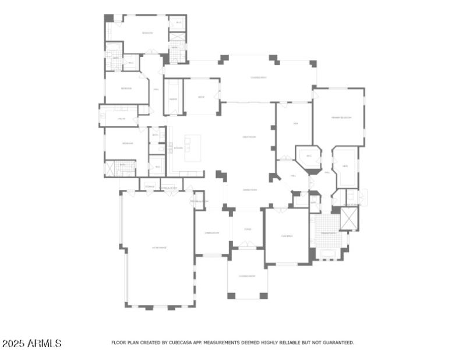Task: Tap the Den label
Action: (296, 123)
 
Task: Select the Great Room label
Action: (249, 137)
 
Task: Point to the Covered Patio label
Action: (259, 77)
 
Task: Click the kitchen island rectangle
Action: (192, 148)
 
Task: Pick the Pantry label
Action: (173, 99)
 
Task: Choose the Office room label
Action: (201, 97)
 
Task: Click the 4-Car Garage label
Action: (160, 248)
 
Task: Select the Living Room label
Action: (249, 189)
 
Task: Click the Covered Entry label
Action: (247, 276)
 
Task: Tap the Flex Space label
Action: (287, 236)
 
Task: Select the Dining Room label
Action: (211, 232)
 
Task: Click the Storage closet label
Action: (150, 188)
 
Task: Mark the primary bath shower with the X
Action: (349, 219)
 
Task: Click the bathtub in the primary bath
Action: (329, 253)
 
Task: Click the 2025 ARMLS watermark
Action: (31, 344)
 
